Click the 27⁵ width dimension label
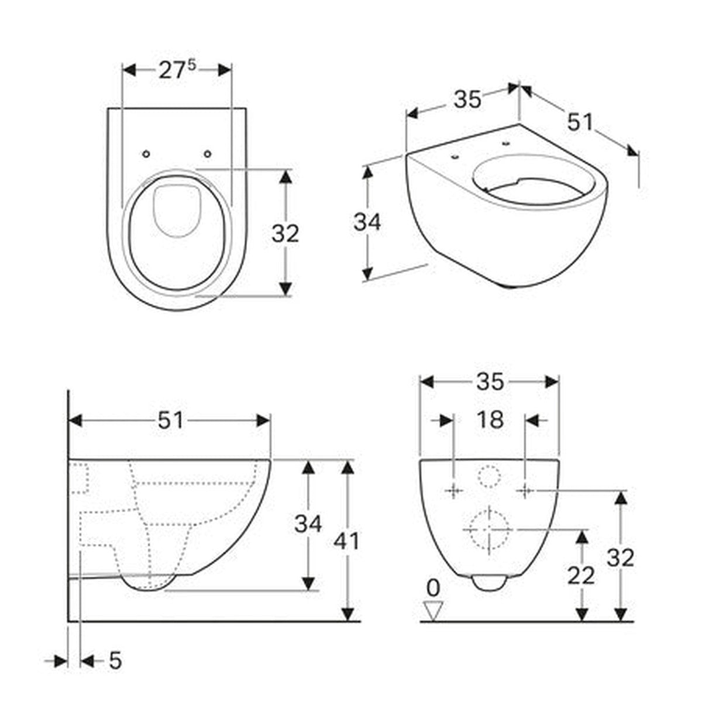point(177,70)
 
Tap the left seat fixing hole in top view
point(146,154)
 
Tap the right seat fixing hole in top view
point(208,154)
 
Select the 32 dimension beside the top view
point(285,233)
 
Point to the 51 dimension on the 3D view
point(580,122)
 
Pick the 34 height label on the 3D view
point(367,222)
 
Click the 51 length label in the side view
point(170,421)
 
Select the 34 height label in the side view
point(308,524)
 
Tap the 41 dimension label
point(346,541)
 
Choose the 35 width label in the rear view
point(490,382)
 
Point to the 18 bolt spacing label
point(490,419)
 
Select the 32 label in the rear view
point(621,558)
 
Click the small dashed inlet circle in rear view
point(489,477)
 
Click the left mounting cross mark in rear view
point(454,491)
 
